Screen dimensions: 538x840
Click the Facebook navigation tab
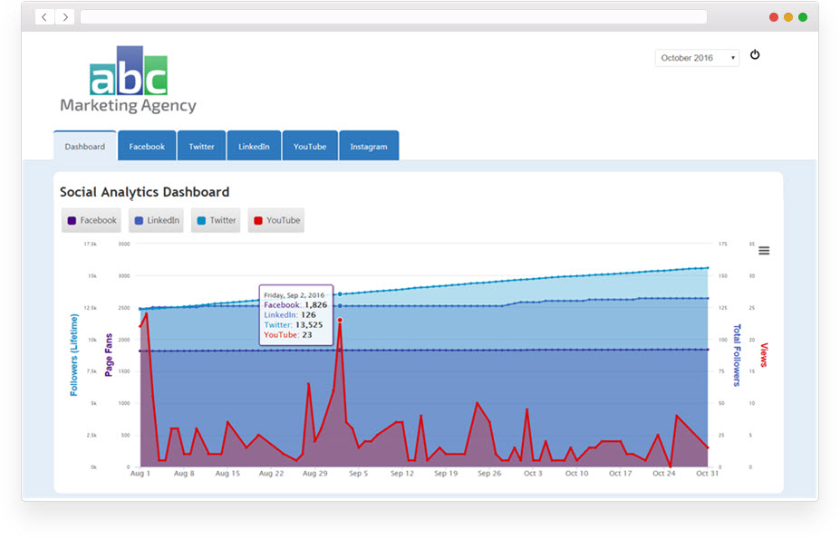(x=147, y=146)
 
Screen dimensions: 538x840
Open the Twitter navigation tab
(x=201, y=146)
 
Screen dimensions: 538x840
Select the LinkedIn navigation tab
(x=254, y=146)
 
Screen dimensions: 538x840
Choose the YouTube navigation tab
(x=309, y=146)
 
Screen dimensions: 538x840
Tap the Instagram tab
(x=369, y=146)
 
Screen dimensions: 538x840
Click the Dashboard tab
(x=84, y=146)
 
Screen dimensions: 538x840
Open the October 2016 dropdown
(x=697, y=58)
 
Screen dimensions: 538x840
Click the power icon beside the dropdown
(x=755, y=55)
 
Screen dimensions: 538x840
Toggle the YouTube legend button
(x=276, y=220)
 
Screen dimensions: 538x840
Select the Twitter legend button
(x=216, y=220)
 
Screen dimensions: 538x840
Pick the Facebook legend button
(x=91, y=220)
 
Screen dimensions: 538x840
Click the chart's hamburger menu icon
(x=764, y=251)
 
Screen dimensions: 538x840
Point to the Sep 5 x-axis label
(x=358, y=474)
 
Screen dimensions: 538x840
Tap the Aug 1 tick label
(x=140, y=474)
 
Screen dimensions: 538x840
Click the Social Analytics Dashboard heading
(x=144, y=192)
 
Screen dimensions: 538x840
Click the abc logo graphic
(x=129, y=72)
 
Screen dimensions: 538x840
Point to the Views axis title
(x=764, y=355)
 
